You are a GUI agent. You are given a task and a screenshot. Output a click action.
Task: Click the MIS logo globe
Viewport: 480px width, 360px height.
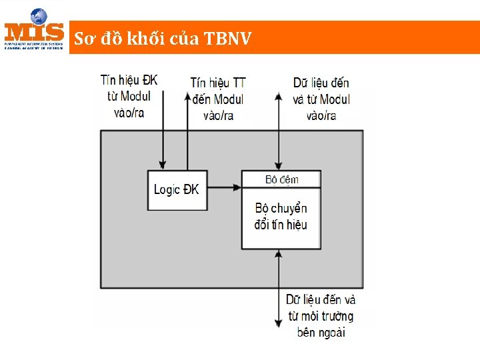point(39,16)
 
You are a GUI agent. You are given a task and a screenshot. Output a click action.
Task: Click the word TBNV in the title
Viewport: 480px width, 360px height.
point(227,39)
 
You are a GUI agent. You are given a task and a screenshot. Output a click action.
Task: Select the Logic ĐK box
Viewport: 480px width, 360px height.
point(177,190)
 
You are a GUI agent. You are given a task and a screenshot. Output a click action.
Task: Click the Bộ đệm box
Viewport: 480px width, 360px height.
point(281,179)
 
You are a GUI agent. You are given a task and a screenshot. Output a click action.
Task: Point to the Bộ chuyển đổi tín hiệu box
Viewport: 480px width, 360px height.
point(281,217)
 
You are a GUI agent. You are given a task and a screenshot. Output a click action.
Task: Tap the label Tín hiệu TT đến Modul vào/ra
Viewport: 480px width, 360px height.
point(218,99)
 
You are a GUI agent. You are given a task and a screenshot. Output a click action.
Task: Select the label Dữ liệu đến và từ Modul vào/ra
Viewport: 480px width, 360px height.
point(321,99)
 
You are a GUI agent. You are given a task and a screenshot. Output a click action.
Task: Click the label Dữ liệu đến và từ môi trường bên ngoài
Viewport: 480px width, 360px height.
point(321,315)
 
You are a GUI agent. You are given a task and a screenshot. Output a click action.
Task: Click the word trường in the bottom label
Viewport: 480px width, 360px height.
point(337,315)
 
